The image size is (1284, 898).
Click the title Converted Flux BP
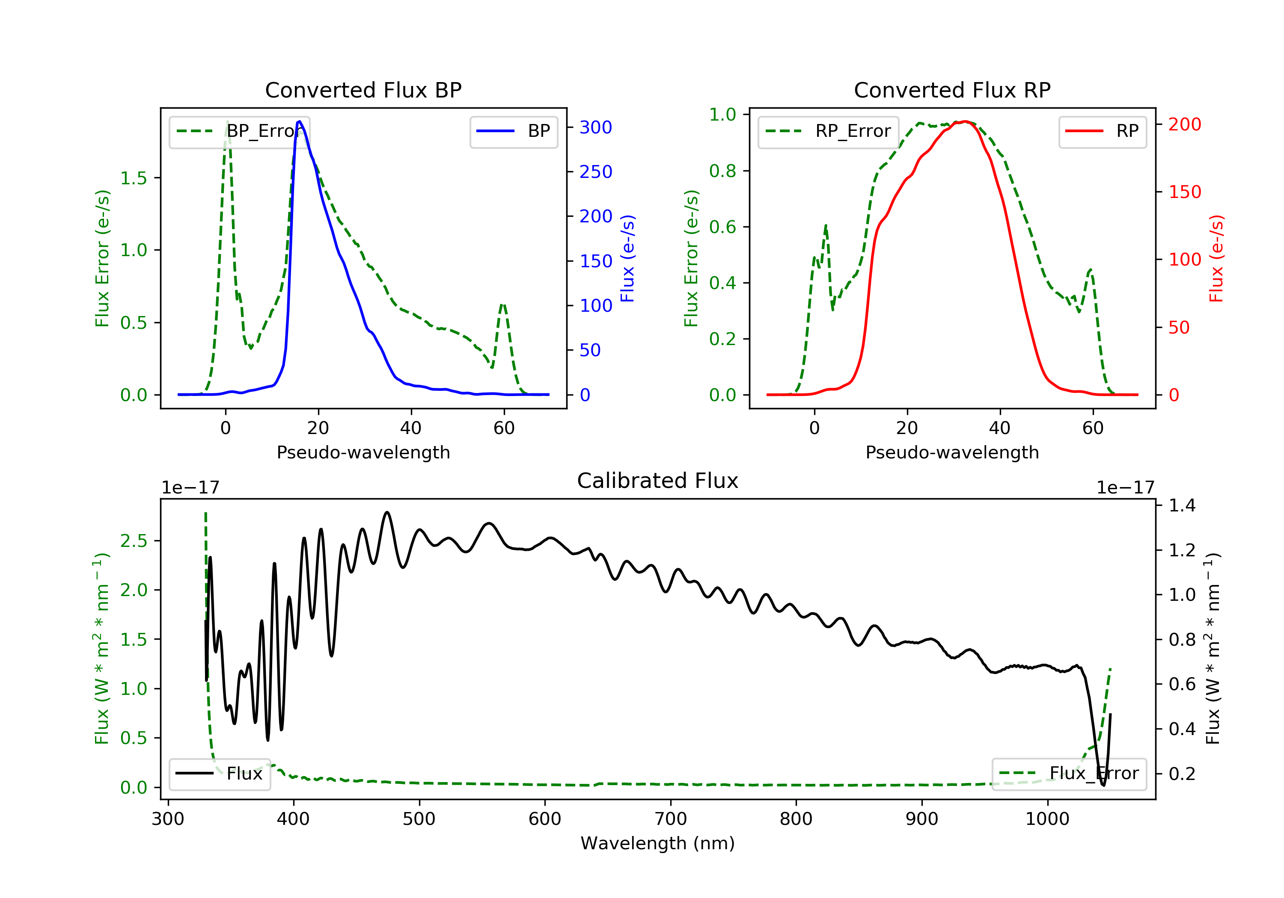pos(363,90)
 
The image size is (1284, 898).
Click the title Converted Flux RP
pos(952,90)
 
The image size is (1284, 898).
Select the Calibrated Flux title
pos(658,481)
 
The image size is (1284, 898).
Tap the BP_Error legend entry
pos(239,131)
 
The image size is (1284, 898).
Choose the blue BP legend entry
pos(513,131)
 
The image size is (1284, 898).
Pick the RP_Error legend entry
pos(828,131)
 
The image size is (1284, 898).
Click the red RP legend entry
pos(1102,131)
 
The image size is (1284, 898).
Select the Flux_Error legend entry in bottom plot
pos(1069,774)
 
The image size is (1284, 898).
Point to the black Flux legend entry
pos(219,774)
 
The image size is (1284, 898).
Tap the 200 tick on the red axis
pos(1184,124)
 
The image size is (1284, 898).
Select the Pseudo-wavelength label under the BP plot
pos(363,452)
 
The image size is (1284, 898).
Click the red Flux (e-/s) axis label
pos(1216,259)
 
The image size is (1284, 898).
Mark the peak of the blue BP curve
pos(300,121)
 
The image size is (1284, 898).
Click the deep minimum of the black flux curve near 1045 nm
pos(1103,785)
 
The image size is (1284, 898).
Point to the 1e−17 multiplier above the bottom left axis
pos(190,488)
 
